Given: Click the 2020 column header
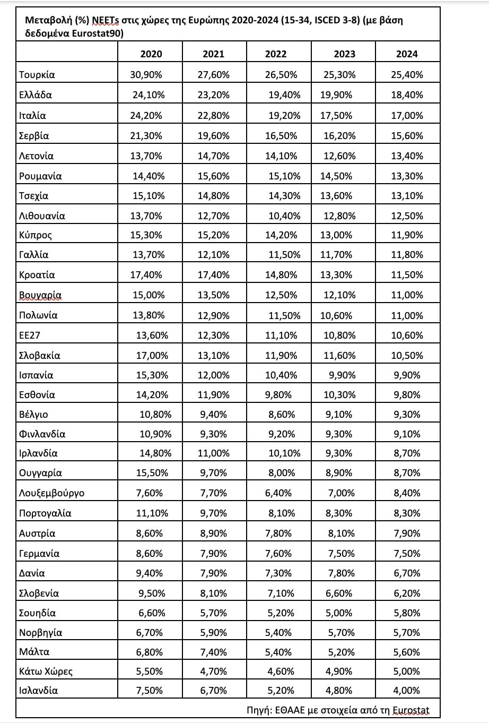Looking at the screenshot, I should click(151, 54).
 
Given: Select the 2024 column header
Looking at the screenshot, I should click(407, 54).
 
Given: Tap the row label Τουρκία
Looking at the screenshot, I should click(37, 75).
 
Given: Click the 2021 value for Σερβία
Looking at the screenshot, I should click(214, 135).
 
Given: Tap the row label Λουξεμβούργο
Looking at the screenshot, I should click(51, 493).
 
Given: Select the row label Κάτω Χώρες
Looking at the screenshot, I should click(46, 671).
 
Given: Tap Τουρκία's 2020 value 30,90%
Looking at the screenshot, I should click(147, 75).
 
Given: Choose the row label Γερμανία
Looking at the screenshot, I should click(39, 554).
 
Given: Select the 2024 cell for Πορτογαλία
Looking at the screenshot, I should click(407, 513).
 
